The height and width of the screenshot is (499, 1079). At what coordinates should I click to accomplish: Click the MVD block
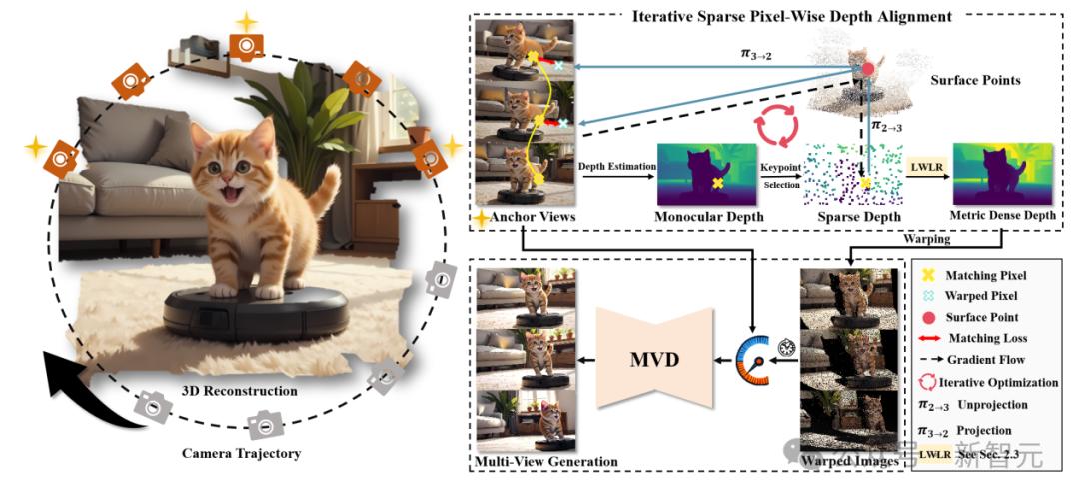[654, 357]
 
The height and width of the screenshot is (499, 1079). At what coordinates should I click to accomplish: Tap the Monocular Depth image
[708, 173]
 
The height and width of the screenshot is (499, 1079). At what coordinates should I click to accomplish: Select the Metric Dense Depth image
[1003, 173]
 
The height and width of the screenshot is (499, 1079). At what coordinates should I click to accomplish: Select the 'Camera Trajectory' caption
[241, 453]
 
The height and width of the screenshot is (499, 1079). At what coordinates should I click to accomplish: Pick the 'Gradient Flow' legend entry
[994, 360]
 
